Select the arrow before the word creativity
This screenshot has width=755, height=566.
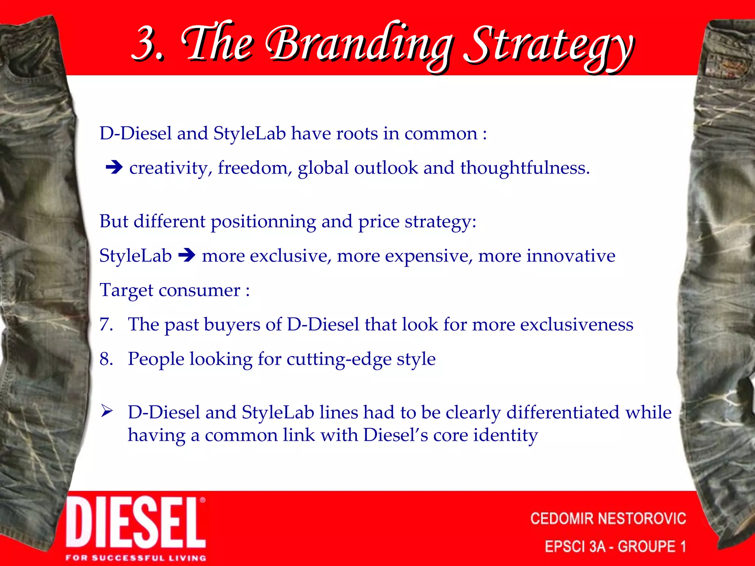114,168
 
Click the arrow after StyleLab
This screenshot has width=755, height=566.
187,255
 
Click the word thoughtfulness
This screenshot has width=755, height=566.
525,168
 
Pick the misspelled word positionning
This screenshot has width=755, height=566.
263,222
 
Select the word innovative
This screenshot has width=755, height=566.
571,256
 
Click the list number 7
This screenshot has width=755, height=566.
106,325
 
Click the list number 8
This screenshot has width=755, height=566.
106,359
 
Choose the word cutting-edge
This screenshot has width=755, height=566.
339,359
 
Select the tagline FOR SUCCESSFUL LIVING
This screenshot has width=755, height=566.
136,558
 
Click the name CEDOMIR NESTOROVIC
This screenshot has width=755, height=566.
608,518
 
